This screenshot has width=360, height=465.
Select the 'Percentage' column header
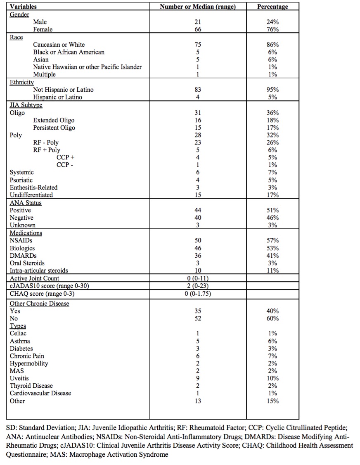(272, 7)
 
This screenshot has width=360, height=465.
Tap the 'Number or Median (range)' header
(198, 7)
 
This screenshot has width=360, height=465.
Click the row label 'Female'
(43, 29)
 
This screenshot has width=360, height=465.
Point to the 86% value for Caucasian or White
(272, 45)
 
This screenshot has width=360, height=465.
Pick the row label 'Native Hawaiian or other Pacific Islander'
(88, 67)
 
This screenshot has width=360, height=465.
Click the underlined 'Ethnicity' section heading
(22, 82)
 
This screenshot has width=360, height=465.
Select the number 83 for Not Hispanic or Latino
(198, 90)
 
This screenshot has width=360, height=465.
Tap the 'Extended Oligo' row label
(54, 120)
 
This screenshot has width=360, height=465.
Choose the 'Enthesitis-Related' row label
(34, 187)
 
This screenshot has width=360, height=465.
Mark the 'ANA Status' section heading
(26, 203)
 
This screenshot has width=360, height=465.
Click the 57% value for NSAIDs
(272, 240)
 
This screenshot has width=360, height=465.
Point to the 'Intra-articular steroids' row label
(39, 270)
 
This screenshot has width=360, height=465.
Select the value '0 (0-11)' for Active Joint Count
(198, 278)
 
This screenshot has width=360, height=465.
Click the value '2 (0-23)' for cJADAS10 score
(198, 286)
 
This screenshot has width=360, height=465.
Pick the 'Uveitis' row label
(19, 378)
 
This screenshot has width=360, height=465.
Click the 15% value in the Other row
(272, 401)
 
